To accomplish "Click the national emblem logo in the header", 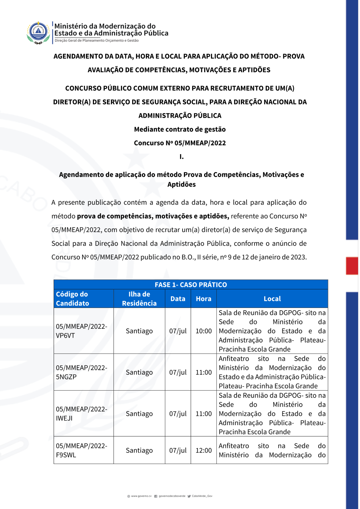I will (x=38, y=32).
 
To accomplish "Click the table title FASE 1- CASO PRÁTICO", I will (x=191, y=285).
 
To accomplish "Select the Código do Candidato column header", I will (x=72, y=299).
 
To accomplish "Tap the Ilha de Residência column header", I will (x=139, y=299).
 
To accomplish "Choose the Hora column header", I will (x=203, y=299).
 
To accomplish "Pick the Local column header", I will (x=272, y=299).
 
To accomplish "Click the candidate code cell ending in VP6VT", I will (x=81, y=331).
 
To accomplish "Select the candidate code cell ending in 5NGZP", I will (x=81, y=372).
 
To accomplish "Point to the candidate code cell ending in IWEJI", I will (x=81, y=414).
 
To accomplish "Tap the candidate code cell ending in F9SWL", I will (x=81, y=450).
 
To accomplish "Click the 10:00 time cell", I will (x=203, y=331).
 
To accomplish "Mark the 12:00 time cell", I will (x=203, y=450).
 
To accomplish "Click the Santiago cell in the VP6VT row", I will (x=139, y=331).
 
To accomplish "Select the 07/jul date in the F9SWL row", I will (x=178, y=450).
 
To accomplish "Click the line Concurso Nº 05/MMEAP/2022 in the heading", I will (x=180, y=143).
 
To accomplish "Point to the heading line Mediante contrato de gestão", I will (x=180, y=129).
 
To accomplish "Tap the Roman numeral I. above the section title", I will (x=181, y=157).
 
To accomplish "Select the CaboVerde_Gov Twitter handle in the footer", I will (x=202, y=496).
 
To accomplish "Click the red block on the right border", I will (x=352, y=266).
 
